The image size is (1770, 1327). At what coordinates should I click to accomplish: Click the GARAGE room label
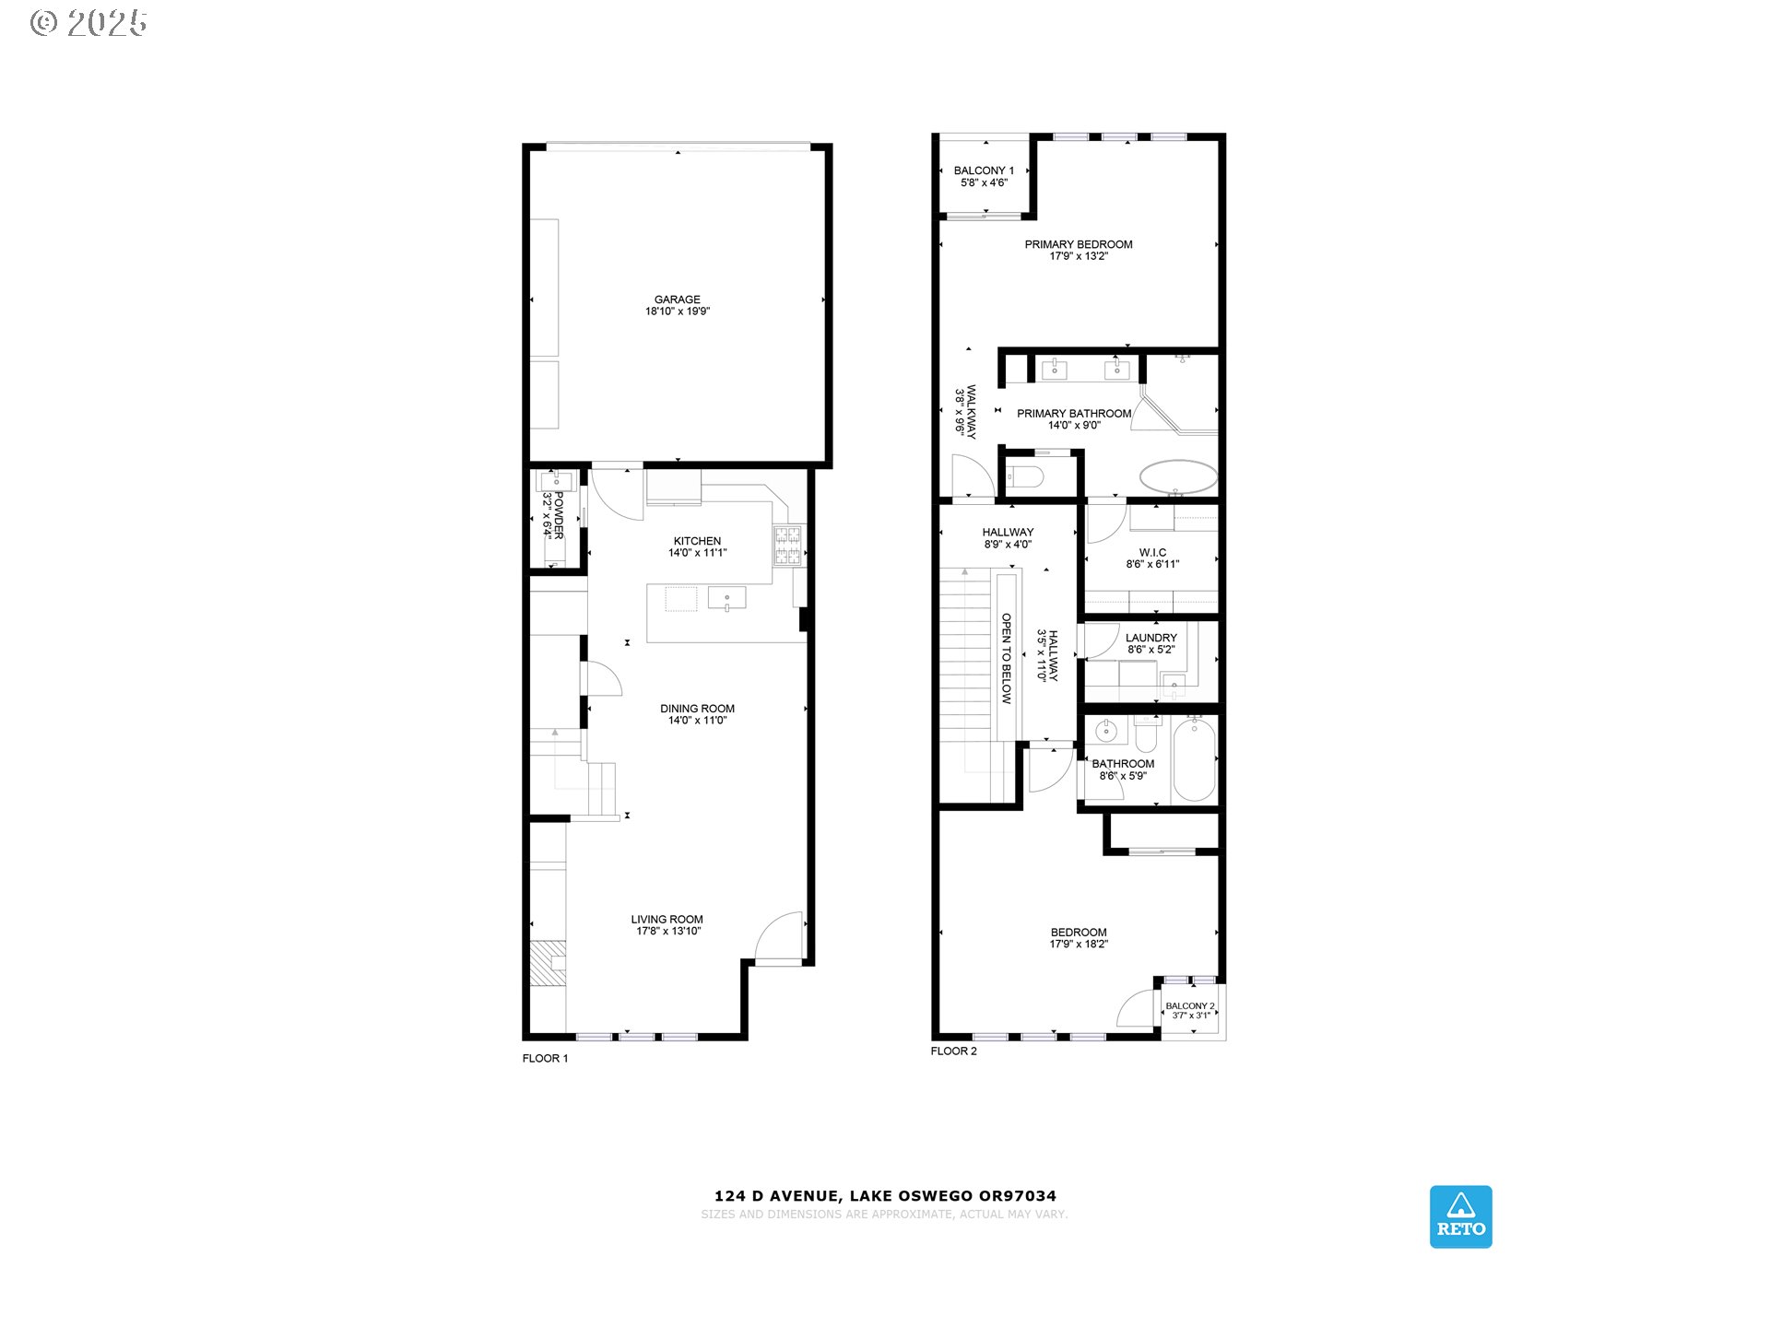click(677, 299)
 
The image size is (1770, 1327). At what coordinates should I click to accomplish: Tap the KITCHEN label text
click(697, 541)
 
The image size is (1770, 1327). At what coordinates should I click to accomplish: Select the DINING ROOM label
click(697, 709)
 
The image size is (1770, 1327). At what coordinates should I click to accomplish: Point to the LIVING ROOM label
click(667, 920)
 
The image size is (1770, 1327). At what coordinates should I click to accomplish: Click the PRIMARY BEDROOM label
click(1079, 244)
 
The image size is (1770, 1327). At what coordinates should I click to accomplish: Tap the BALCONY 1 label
click(984, 170)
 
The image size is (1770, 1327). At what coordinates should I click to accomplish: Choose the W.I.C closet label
click(1152, 553)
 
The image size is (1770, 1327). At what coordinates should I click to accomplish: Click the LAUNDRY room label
click(1151, 638)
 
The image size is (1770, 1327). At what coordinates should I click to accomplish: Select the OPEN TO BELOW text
click(1007, 659)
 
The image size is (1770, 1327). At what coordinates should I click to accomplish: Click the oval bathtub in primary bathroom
click(1178, 477)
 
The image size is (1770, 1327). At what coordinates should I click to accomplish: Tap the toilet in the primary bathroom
click(1025, 476)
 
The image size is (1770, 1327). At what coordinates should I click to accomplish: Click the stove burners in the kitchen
click(787, 545)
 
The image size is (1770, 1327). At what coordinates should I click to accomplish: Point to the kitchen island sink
click(726, 598)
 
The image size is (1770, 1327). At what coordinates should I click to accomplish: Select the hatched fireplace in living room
click(548, 964)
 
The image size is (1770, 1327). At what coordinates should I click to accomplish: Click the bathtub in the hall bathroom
click(1195, 760)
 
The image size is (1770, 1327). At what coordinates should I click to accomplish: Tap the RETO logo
click(1460, 1216)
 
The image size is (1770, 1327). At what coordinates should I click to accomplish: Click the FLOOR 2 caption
click(953, 1051)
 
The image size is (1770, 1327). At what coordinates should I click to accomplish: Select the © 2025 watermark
click(88, 23)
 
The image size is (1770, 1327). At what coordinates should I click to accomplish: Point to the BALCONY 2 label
click(1190, 1006)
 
